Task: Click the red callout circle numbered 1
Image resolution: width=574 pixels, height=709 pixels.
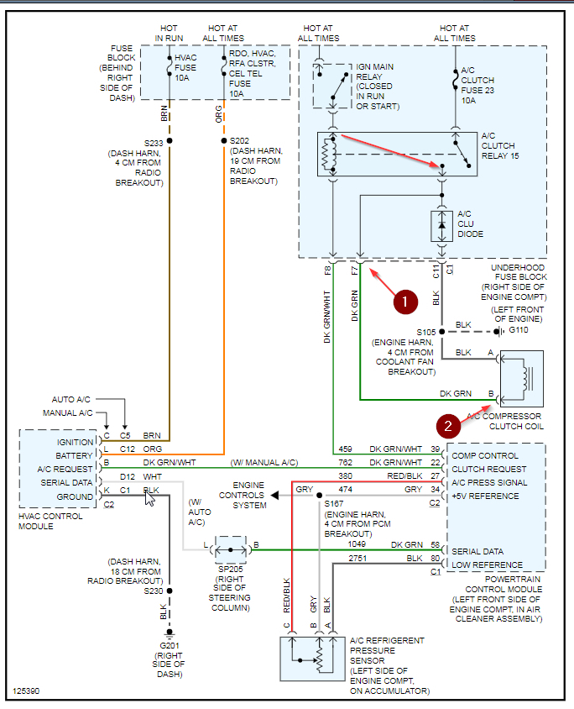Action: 405,300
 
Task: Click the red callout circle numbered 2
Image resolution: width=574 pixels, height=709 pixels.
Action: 449,426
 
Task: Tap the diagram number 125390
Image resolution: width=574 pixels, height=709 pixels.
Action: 26,691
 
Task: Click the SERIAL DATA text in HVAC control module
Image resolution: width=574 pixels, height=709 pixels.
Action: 64,483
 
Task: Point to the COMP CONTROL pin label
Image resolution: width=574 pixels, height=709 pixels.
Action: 485,455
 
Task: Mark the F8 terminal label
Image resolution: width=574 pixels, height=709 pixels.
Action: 328,271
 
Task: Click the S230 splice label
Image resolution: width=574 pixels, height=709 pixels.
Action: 152,591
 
